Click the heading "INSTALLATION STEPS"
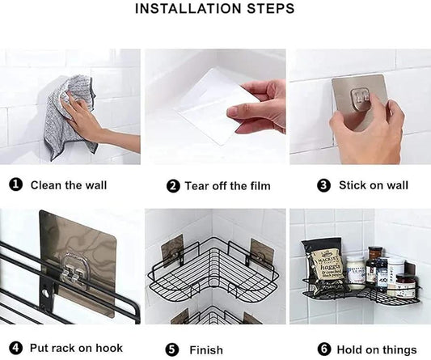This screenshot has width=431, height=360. pyautogui.click(x=214, y=10)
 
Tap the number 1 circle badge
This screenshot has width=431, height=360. pyautogui.click(x=15, y=185)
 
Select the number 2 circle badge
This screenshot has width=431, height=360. pyautogui.click(x=173, y=186)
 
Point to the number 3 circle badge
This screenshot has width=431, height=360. pyautogui.click(x=324, y=185)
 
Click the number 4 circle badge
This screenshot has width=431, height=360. pyautogui.click(x=15, y=349)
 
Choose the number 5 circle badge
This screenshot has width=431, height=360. pyautogui.click(x=172, y=349)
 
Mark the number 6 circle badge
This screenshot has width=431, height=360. pyautogui.click(x=324, y=349)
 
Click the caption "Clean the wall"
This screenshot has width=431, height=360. pyautogui.click(x=69, y=185)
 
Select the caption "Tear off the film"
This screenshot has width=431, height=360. pyautogui.click(x=227, y=186)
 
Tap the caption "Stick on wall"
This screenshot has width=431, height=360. pyautogui.click(x=374, y=185)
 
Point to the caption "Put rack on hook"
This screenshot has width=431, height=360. pyautogui.click(x=76, y=349)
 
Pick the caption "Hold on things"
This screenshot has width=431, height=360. pyautogui.click(x=378, y=349)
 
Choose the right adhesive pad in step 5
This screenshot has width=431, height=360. pyautogui.click(x=260, y=252)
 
